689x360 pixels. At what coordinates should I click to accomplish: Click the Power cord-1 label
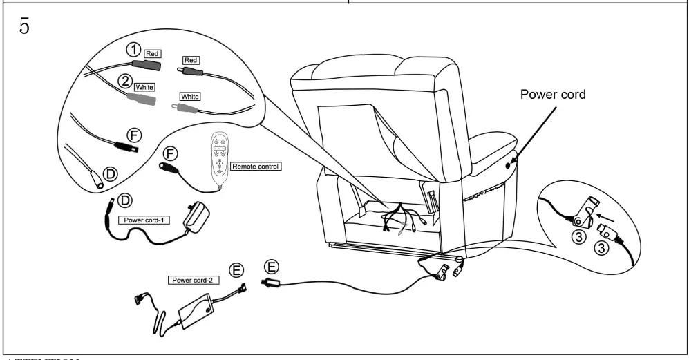click(x=142, y=220)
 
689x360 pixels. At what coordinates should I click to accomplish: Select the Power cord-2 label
click(x=191, y=281)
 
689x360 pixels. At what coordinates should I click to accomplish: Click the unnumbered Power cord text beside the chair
click(x=553, y=95)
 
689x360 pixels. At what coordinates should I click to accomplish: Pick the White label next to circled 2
click(x=144, y=88)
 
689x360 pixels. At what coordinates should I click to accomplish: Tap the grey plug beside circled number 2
click(x=140, y=100)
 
